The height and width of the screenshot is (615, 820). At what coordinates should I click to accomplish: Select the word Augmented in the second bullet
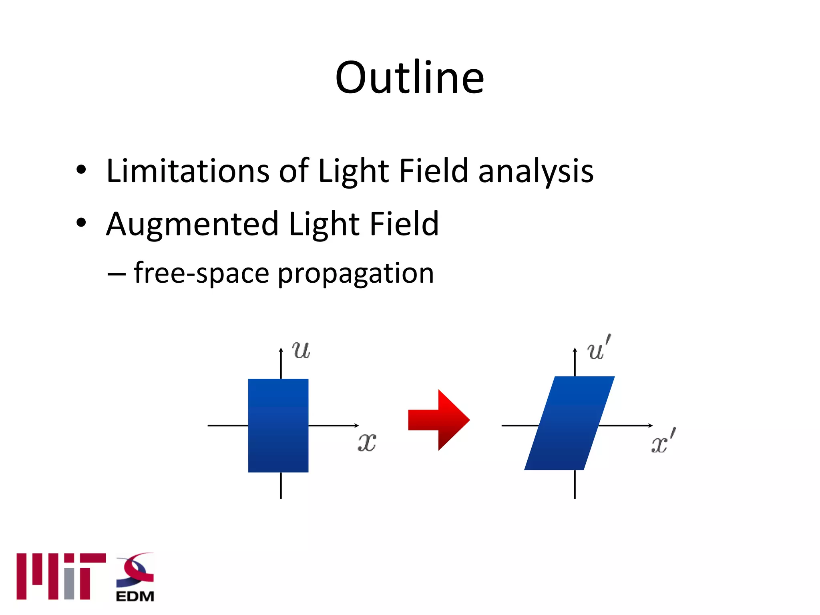click(x=192, y=224)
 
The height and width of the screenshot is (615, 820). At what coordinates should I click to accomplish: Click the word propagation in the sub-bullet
click(x=356, y=274)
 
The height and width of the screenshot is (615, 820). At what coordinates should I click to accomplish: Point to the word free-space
click(x=201, y=274)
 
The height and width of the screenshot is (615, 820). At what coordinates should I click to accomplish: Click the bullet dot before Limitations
click(x=81, y=170)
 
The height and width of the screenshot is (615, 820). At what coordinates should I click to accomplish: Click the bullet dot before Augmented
click(x=81, y=223)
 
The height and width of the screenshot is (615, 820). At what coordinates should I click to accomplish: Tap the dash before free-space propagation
click(x=117, y=275)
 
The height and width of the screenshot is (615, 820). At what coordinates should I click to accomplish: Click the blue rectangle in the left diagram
click(x=278, y=425)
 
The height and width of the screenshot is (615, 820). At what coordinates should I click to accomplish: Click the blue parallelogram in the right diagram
click(x=569, y=423)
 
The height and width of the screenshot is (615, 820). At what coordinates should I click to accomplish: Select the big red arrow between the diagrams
click(x=438, y=420)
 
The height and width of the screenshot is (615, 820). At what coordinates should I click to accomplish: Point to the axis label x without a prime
click(x=367, y=442)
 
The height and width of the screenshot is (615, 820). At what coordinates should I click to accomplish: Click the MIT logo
click(x=61, y=576)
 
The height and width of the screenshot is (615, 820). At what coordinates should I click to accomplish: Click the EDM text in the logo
click(x=135, y=596)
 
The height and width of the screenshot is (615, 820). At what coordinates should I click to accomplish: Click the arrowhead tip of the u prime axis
click(x=575, y=349)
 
